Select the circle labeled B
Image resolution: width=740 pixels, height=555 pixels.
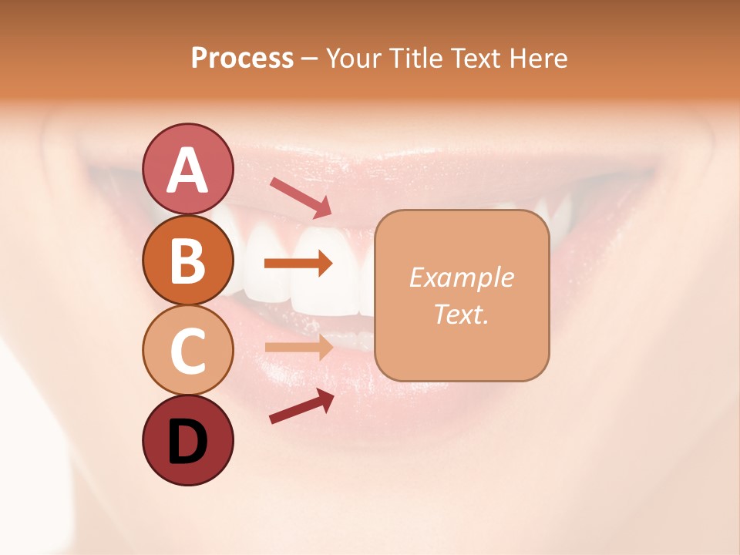187,261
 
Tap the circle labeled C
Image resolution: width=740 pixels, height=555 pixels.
187,351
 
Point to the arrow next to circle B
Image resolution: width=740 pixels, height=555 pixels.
298,264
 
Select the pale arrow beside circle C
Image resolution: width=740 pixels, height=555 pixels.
298,347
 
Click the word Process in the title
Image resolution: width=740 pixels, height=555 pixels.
242,59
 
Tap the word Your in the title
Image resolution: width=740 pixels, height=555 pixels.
354,59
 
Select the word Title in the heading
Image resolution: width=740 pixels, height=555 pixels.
415,59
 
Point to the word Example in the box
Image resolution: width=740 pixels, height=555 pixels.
461,277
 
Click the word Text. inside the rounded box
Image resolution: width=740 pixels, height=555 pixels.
461,314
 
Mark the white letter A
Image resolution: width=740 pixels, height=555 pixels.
187,171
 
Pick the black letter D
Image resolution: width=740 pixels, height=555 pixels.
187,443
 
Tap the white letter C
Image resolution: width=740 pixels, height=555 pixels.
187,351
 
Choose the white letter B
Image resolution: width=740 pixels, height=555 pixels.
187,261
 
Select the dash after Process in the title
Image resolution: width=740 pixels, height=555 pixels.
309,59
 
